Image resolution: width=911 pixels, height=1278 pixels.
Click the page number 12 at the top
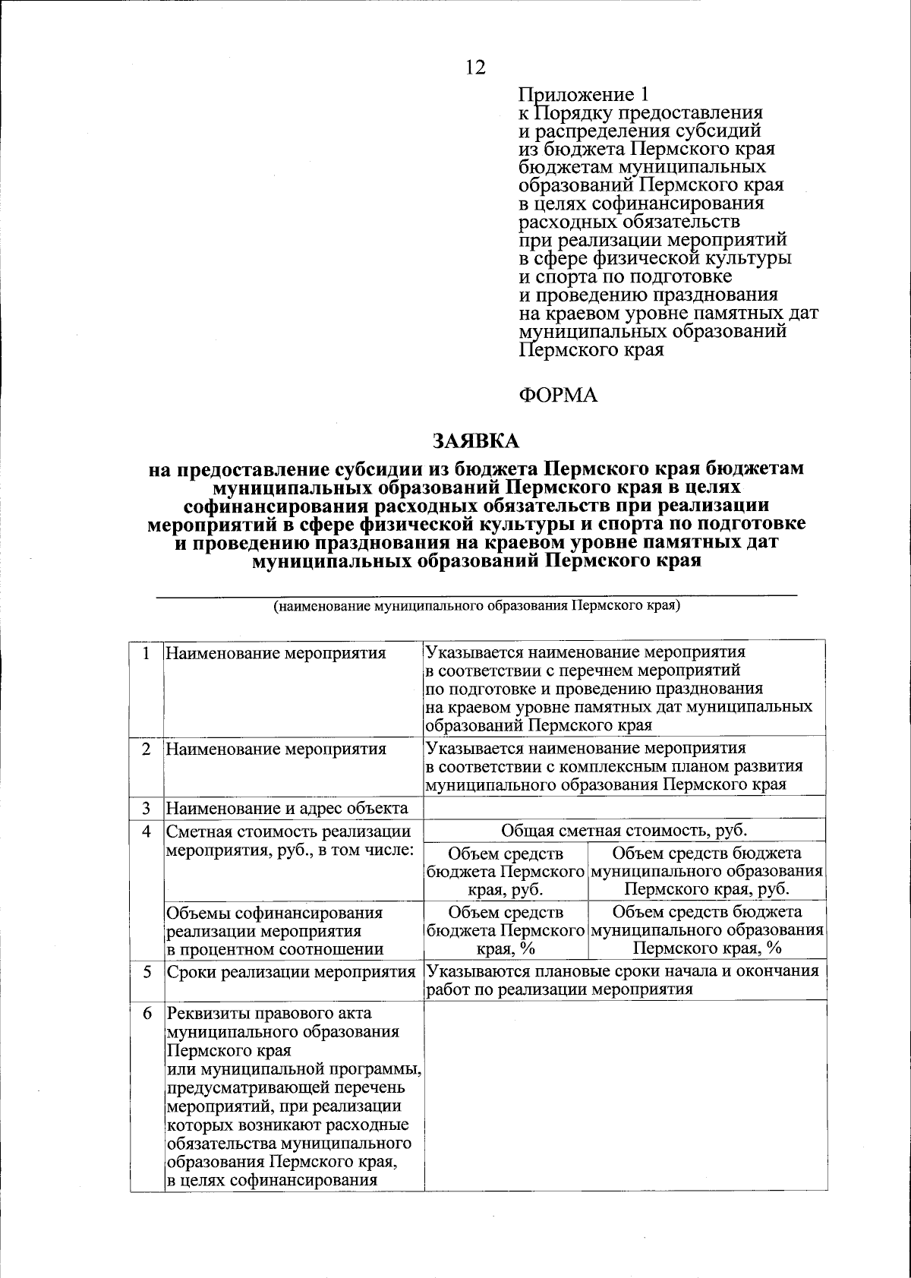pyautogui.click(x=475, y=68)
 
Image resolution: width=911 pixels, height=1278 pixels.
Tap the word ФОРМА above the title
pyautogui.click(x=558, y=395)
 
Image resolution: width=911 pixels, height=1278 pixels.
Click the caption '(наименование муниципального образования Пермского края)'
pyautogui.click(x=476, y=607)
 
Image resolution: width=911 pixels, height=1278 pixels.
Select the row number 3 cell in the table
pyautogui.click(x=146, y=808)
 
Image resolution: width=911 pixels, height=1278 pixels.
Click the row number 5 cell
pyautogui.click(x=146, y=971)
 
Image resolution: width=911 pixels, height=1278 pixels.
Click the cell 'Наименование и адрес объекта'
pyautogui.click(x=287, y=808)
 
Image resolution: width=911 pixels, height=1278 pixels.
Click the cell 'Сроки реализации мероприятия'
pyautogui.click(x=291, y=972)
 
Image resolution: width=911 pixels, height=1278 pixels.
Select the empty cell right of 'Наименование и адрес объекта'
pyautogui.click(x=624, y=807)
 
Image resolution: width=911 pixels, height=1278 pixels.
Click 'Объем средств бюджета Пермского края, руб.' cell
pyautogui.click(x=506, y=871)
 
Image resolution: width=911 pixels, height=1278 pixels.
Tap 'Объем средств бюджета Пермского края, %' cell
pyautogui.click(x=506, y=930)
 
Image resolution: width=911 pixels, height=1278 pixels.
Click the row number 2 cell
pyautogui.click(x=146, y=749)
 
